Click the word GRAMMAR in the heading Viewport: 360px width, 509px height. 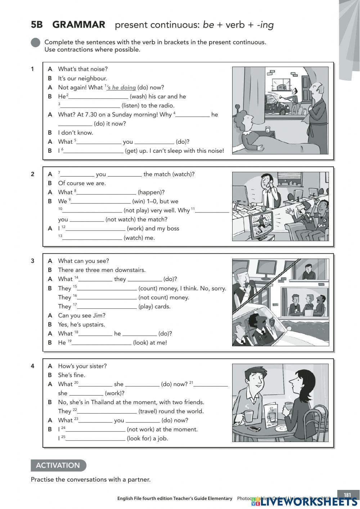78,24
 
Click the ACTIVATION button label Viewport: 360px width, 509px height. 58,465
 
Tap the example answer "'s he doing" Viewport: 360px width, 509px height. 121,88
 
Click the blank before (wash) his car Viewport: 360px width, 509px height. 98,97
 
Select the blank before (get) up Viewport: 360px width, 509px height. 93,151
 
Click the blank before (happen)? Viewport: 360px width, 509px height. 106,192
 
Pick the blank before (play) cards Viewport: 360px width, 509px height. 107,307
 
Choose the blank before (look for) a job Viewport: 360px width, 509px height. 95,438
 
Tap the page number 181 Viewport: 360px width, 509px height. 347,495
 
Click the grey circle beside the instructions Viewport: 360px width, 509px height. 36,43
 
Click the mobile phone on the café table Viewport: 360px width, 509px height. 254,428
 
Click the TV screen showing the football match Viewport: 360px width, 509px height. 260,224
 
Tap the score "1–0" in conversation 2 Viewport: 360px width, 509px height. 152,201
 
